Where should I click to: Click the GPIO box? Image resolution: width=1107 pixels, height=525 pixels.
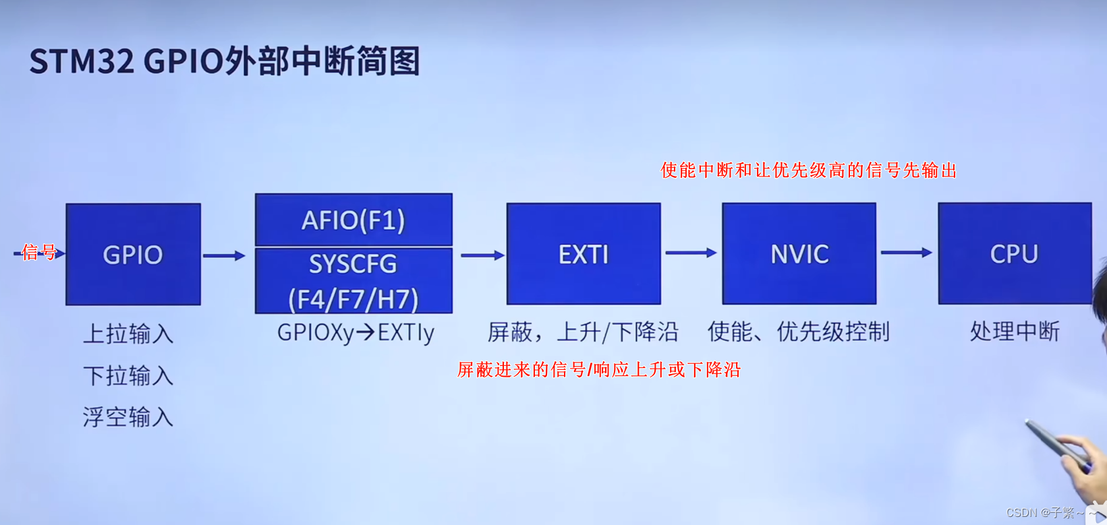[133, 254]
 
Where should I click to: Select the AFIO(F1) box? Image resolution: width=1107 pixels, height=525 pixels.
[353, 220]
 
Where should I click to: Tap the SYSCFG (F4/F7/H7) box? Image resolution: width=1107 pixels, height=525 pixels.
[353, 280]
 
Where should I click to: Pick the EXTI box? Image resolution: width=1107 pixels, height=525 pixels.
[584, 254]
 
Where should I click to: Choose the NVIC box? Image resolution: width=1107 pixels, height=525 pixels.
[799, 254]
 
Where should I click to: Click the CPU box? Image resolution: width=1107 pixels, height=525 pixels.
[1014, 254]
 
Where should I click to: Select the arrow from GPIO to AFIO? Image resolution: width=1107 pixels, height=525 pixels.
[224, 255]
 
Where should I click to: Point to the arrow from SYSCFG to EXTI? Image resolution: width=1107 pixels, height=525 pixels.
[482, 255]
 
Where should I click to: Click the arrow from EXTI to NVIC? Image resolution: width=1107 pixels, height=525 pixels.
[691, 253]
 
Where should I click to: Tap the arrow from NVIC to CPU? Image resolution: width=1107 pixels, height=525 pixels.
[906, 253]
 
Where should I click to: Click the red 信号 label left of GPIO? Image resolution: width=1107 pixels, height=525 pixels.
[39, 252]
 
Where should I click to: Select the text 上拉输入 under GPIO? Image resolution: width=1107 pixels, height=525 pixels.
[128, 334]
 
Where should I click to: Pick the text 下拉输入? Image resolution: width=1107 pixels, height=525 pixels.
[128, 375]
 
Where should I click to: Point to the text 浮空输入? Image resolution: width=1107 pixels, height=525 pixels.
[128, 417]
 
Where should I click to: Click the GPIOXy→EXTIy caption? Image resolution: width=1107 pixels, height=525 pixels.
[356, 332]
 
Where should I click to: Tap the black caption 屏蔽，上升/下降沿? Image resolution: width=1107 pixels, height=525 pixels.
[583, 332]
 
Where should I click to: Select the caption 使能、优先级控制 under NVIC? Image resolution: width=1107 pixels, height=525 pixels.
[799, 332]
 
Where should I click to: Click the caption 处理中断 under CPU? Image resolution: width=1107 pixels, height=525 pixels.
[1015, 332]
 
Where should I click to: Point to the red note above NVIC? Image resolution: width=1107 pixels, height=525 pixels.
[808, 171]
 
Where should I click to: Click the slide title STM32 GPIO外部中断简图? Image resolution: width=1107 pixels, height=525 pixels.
[225, 61]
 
